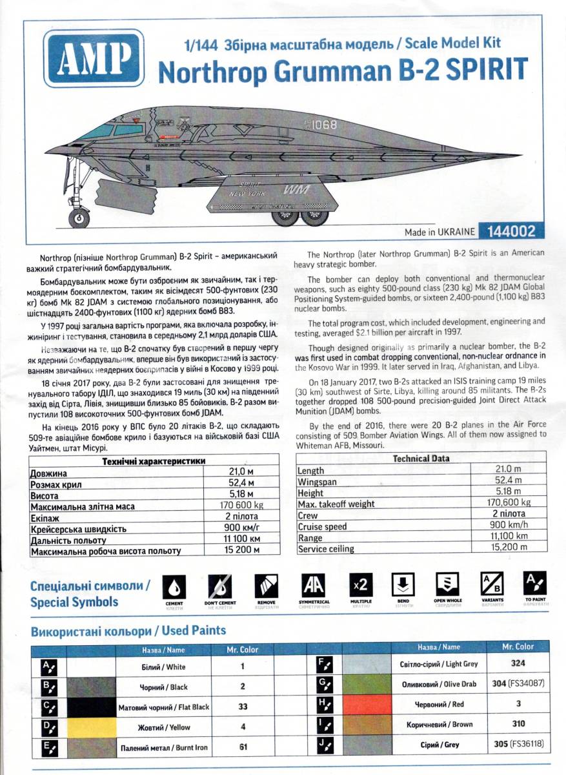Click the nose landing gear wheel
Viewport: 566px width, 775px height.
point(79,218)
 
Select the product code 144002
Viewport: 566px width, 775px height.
point(503,231)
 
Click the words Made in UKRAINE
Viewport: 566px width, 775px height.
point(440,231)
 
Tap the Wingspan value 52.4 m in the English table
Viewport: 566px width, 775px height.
point(508,480)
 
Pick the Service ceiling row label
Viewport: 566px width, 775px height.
point(326,549)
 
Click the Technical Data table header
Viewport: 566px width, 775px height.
point(421,459)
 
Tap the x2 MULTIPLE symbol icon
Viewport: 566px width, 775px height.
point(361,585)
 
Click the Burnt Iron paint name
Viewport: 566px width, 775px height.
point(164,748)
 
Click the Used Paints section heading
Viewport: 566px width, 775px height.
point(128,630)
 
